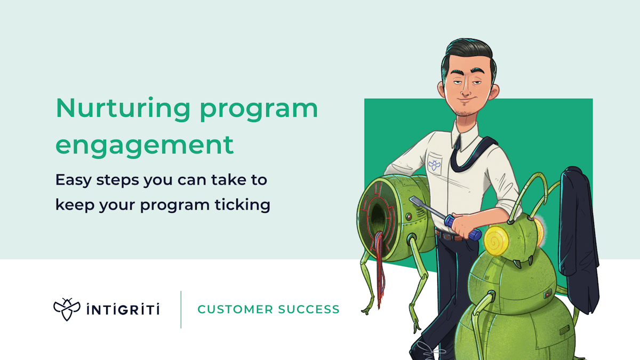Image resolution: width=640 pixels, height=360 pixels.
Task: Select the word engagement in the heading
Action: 145,145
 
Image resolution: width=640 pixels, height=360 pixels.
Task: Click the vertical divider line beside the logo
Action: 181,309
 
